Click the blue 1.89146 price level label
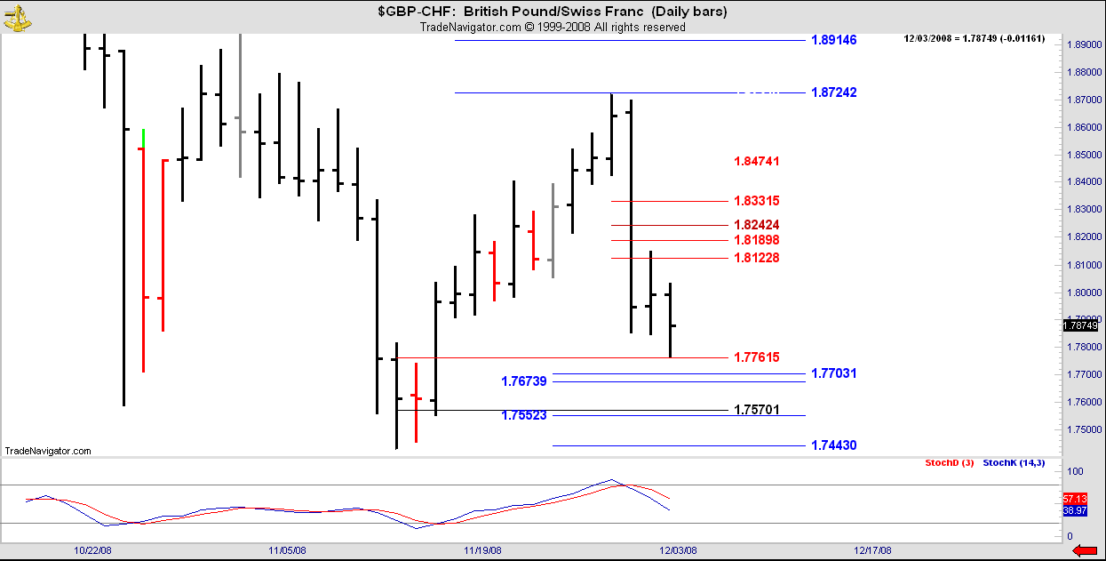(834, 40)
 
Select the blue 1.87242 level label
(834, 92)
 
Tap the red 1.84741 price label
(756, 161)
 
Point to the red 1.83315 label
(756, 201)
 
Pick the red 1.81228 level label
(756, 258)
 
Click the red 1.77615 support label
(756, 357)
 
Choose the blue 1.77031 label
(834, 373)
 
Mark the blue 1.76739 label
(524, 381)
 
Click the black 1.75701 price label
(756, 409)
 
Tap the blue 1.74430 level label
(834, 445)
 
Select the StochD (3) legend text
(950, 462)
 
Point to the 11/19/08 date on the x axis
(482, 550)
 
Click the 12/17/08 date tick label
(873, 550)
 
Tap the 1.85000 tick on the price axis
(1085, 155)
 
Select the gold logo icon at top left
(17, 19)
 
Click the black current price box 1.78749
(1080, 325)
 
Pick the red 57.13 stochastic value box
(1075, 499)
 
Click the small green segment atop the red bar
(143, 139)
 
